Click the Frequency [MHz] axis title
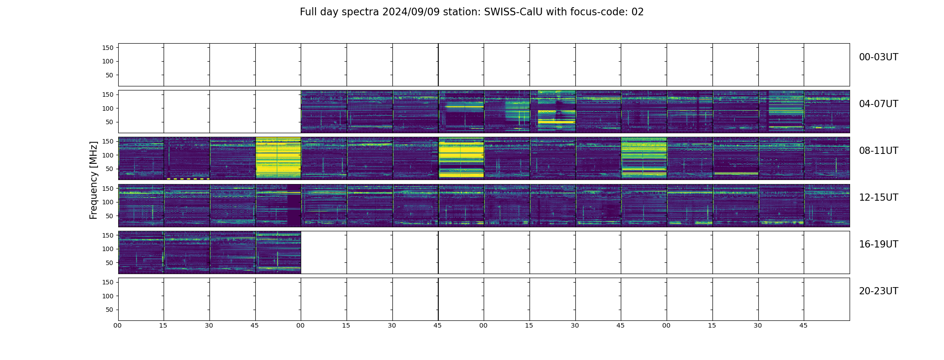tap(94, 180)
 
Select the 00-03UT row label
tap(878, 57)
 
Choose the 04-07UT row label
tap(878, 104)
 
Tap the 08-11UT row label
tap(878, 151)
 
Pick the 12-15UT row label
tap(878, 198)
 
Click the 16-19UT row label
tap(878, 244)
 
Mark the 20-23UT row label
tap(878, 291)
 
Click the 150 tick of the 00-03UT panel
tap(107, 48)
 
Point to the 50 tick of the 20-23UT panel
tap(109, 310)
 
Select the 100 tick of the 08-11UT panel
tap(107, 155)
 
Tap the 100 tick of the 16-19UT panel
tap(107, 249)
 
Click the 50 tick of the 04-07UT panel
tap(109, 122)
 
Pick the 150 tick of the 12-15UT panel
tap(107, 189)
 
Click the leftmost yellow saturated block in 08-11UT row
tap(278, 158)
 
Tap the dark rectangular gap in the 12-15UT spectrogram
tap(294, 205)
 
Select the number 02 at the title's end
tap(637, 12)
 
